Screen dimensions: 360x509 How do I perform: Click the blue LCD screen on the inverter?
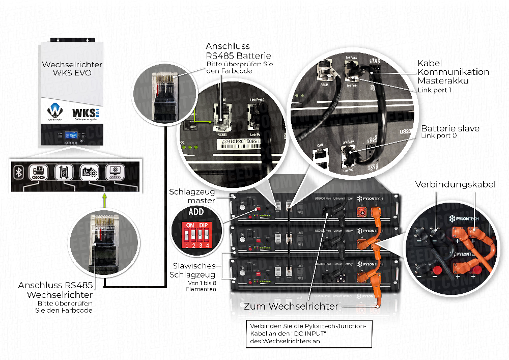[x=70, y=136]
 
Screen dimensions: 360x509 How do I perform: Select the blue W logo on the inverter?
[x=54, y=110]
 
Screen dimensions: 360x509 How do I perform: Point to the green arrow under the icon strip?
[x=105, y=199]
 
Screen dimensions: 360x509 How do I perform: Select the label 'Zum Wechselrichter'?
[x=291, y=306]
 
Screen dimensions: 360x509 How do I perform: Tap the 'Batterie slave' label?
[x=450, y=128]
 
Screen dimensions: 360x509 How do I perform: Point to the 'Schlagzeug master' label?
[x=192, y=197]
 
